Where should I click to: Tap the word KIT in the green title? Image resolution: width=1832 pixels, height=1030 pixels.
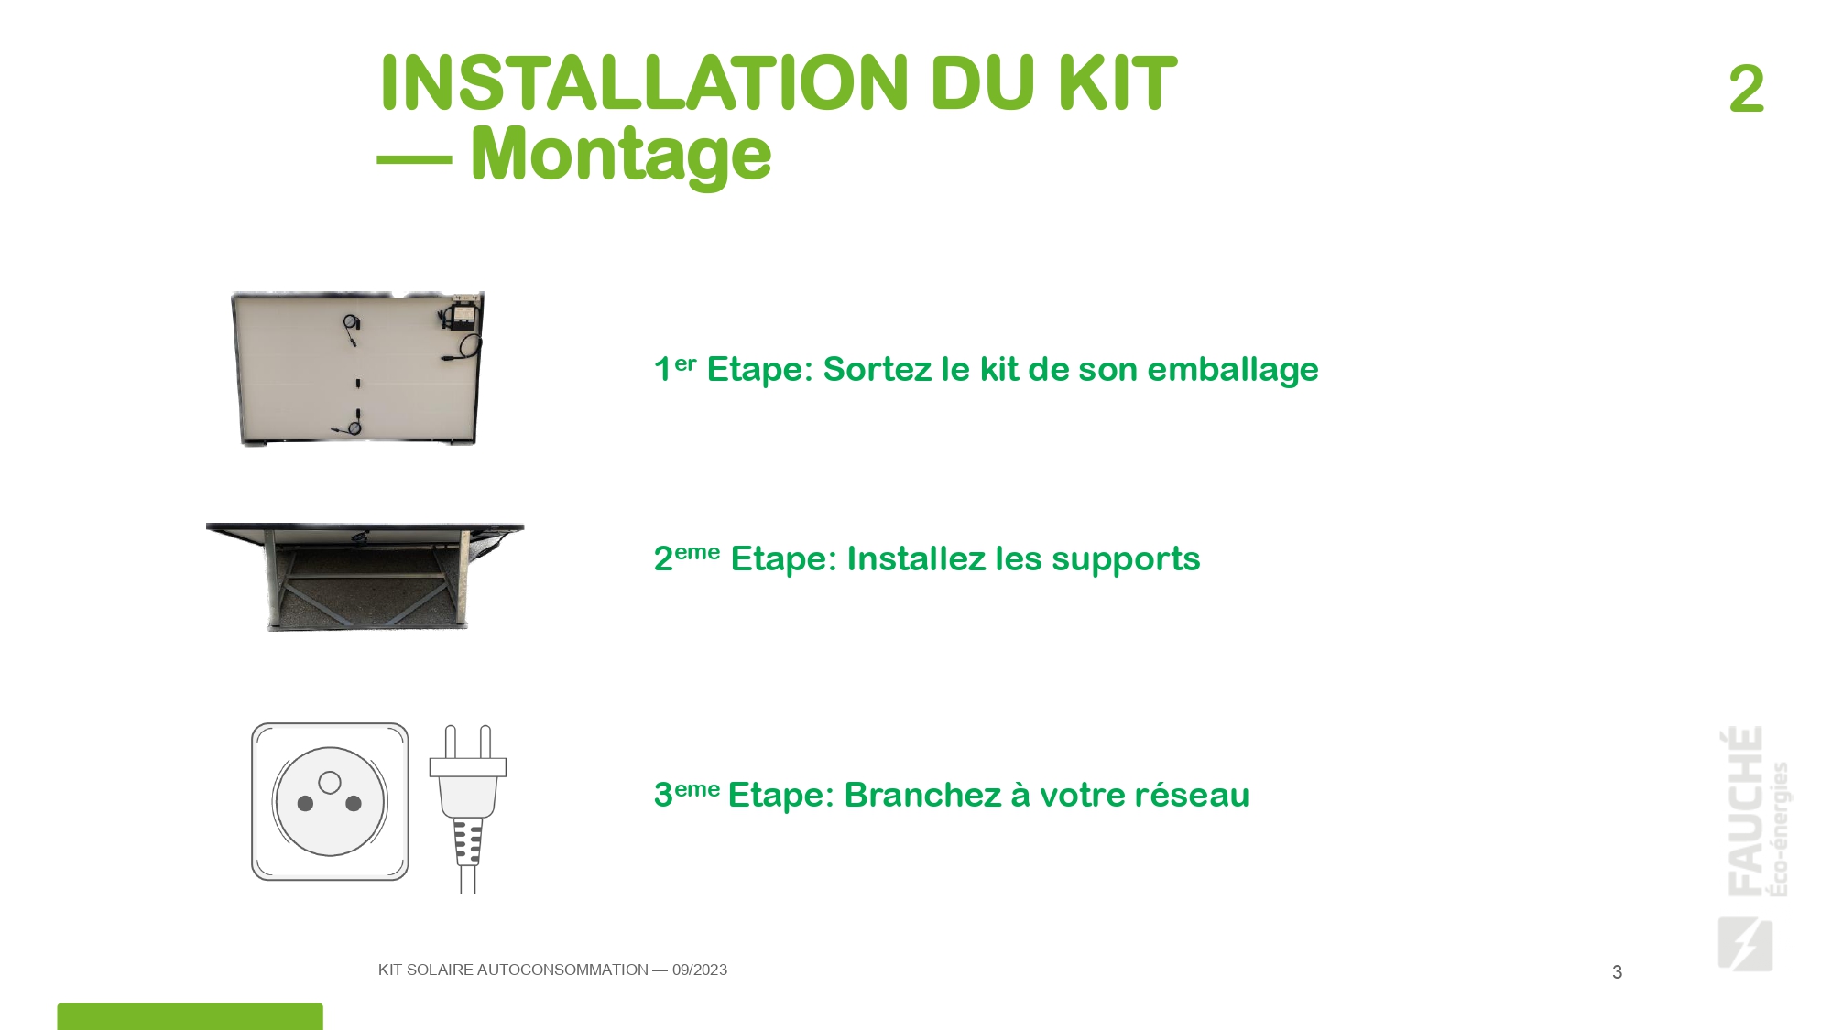[x=1118, y=83]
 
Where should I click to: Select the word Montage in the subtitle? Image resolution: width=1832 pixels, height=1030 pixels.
[x=621, y=155]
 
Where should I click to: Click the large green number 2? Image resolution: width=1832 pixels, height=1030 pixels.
[x=1746, y=89]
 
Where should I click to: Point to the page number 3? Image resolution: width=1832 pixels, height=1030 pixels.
[x=1617, y=972]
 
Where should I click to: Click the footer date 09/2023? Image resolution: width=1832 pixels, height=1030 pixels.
[x=700, y=970]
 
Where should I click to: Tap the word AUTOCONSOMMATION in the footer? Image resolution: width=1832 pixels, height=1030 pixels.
[x=562, y=970]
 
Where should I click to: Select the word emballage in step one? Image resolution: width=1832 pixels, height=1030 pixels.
[x=1233, y=370]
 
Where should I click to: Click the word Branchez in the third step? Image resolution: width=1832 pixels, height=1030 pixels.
[x=922, y=795]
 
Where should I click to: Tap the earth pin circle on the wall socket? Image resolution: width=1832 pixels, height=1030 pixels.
[x=330, y=782]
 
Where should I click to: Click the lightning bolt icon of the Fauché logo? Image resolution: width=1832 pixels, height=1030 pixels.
[x=1745, y=943]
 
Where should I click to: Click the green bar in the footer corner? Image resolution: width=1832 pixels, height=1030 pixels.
[x=190, y=1016]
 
